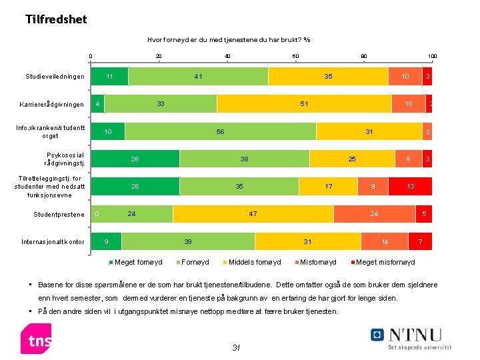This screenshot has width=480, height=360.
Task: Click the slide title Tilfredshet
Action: click(x=56, y=19)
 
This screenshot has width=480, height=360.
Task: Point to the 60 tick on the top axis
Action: click(x=295, y=56)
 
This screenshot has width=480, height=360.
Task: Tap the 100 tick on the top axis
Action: click(x=432, y=56)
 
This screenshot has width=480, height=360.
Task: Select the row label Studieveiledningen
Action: click(x=55, y=77)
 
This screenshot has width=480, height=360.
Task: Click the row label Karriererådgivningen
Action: click(x=52, y=105)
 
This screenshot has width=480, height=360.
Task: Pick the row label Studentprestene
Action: click(x=59, y=215)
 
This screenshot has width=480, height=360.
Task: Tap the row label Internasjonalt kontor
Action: click(x=52, y=242)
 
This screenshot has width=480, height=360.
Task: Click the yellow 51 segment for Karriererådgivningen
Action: click(x=304, y=104)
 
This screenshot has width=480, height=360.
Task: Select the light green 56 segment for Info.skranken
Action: click(x=220, y=132)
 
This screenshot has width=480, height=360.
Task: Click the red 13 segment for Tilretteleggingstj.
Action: click(x=410, y=187)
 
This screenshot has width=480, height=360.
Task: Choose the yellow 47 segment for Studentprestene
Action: click(x=253, y=214)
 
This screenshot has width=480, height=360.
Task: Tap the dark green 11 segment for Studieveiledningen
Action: click(x=109, y=77)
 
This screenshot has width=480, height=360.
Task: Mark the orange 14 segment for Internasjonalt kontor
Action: click(x=385, y=241)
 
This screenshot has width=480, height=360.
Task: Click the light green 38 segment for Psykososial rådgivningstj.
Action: click(x=244, y=159)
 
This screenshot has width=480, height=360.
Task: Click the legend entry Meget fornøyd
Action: click(x=135, y=262)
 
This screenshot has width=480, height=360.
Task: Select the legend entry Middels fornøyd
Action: click(x=251, y=262)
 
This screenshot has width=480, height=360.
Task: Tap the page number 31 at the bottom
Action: click(x=235, y=347)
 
